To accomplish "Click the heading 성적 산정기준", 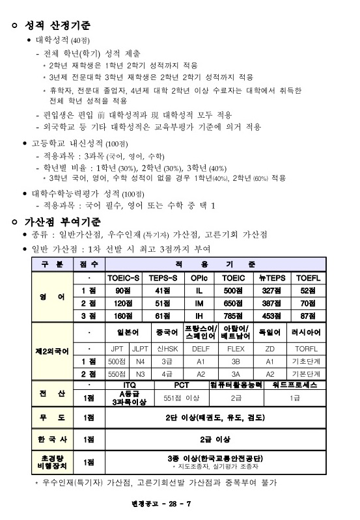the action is coord(57,26).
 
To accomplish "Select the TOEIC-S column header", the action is coord(124,277).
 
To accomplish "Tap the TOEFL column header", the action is coord(308,277).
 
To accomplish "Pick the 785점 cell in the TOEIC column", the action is coord(234,315).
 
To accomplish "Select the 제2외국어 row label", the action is coord(52,351).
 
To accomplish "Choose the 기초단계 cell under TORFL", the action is coord(308,361).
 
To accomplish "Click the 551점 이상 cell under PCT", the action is coord(182,397).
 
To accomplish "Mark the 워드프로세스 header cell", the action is coord(295,385).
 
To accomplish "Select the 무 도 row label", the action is coord(52,417).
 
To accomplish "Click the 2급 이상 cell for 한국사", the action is coord(215,439).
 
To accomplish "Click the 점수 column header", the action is coord(89,264).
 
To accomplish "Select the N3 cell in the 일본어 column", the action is coord(140,374).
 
